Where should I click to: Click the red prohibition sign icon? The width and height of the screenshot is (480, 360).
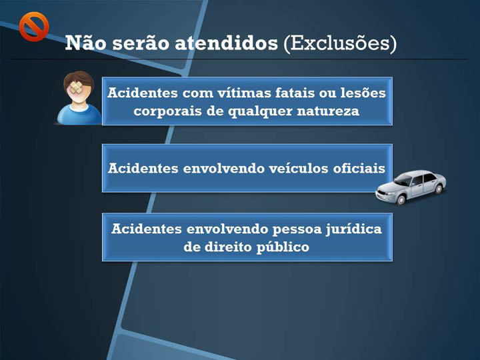34,27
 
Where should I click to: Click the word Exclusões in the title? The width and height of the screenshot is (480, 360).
340,43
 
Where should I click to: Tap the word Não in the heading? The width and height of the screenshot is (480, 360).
86,42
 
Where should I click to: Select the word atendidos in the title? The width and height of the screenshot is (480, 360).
226,43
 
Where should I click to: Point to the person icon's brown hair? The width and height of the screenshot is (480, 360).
79,78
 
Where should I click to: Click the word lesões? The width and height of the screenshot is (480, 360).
363,93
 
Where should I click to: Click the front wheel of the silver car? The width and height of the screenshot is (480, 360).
401,200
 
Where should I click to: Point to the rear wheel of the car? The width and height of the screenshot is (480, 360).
439,189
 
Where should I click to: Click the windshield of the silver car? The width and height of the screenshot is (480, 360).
405,180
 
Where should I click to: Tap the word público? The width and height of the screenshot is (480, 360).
283,247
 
